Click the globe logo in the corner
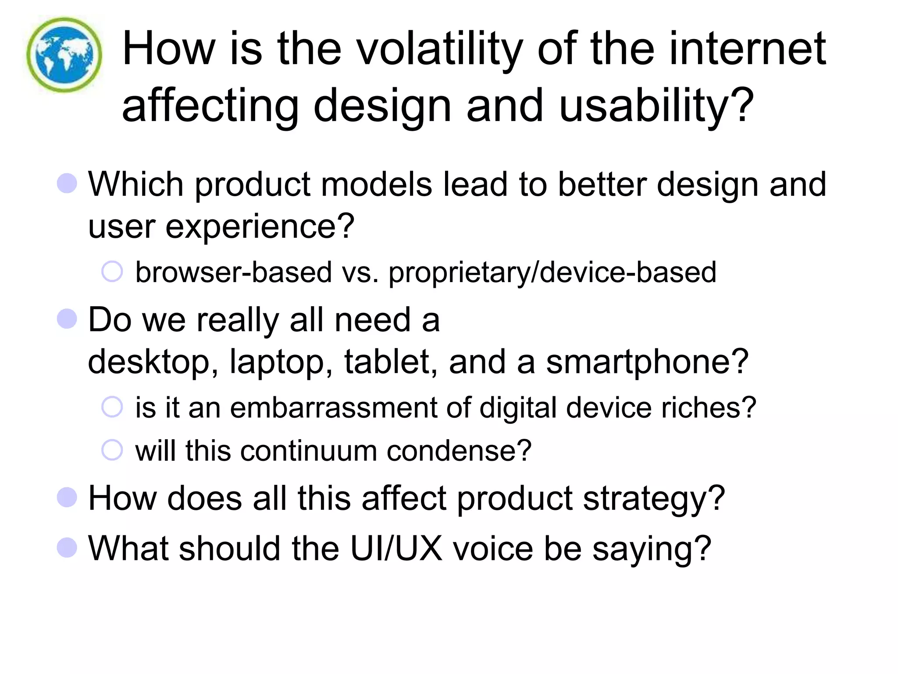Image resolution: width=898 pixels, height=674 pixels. pos(64,55)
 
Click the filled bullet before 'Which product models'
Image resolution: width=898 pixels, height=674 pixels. pos(67,183)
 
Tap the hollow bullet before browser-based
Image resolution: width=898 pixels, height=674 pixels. pos(112,272)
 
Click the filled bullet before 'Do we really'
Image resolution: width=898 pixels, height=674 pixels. pos(67,319)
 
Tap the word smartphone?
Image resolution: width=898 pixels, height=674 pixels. pos(647,362)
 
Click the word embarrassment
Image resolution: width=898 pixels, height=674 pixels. pos(333,408)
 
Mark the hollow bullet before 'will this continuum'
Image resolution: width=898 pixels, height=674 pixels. pos(112,450)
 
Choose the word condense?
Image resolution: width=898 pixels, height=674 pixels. pos(459,451)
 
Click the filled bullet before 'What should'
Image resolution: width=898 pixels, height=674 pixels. pos(67,548)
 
